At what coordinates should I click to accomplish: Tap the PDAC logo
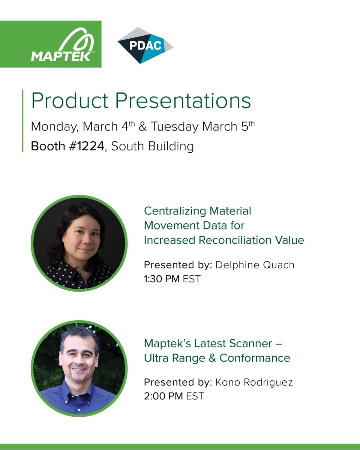pos(145,45)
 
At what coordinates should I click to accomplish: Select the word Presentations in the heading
pos(183,101)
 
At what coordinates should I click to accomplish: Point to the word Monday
pos(54,126)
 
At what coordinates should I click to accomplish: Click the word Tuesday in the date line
pos(175,126)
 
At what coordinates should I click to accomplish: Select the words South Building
pos(153,146)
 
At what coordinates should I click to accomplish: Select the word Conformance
pos(255,358)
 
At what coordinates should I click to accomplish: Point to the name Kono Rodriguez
pos(254,382)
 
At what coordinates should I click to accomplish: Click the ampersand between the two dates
pos(142,126)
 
